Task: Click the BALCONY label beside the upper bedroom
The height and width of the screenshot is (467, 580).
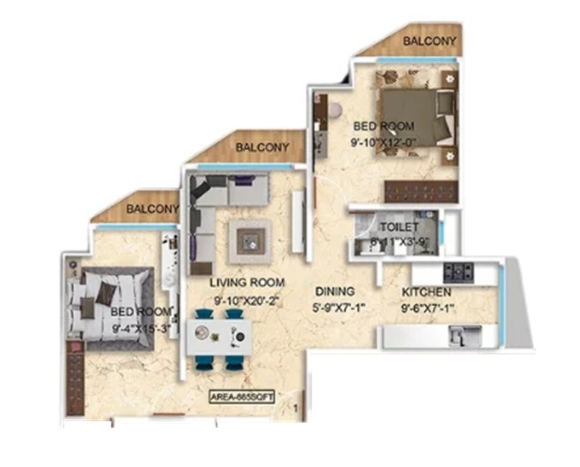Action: [429, 41]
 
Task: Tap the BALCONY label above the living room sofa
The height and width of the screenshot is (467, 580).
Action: [263, 147]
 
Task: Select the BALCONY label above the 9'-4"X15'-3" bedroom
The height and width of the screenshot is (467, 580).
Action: [152, 209]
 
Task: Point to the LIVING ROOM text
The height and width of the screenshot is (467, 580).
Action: [247, 282]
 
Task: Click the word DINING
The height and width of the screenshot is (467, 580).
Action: [335, 292]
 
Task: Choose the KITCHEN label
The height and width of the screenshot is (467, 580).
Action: [426, 292]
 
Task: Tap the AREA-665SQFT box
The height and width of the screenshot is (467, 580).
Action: [243, 394]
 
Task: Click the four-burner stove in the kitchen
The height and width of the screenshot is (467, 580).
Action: [458, 271]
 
